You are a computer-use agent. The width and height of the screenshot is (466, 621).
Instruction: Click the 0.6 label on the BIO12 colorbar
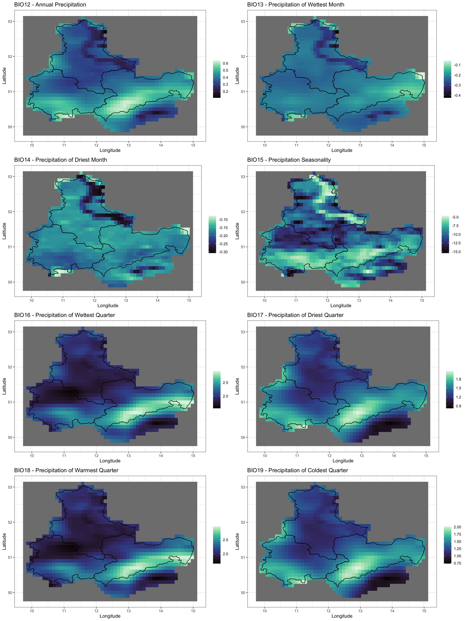pos(225,63)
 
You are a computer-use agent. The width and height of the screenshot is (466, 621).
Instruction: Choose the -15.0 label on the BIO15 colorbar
pos(456,252)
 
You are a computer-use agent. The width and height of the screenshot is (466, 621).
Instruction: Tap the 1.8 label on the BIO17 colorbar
pos(458,379)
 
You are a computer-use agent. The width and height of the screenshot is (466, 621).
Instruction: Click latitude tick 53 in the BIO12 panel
pos(10,21)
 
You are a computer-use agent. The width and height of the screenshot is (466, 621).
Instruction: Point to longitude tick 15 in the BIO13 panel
pos(424,145)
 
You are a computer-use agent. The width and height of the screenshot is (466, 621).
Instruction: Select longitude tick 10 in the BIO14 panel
pos(31,301)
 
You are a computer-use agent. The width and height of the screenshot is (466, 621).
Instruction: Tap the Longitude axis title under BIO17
pos(343,461)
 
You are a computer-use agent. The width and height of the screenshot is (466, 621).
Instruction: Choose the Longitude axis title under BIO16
pos(110,461)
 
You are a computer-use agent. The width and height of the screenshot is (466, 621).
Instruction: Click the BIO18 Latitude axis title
pos(4,541)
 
